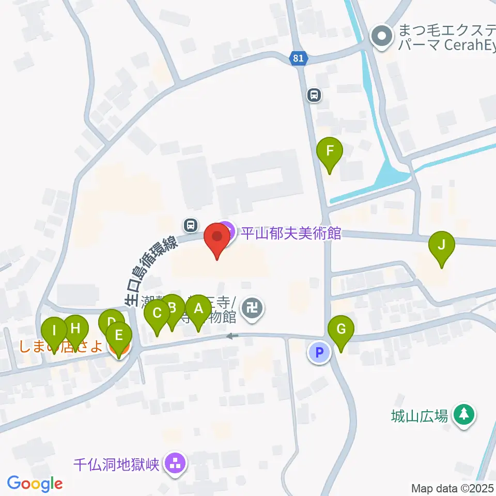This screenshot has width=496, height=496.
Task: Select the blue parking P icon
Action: tap(319, 353)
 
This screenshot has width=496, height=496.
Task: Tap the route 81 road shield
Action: tap(298, 58)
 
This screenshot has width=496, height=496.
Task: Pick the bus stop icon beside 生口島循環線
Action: tap(191, 225)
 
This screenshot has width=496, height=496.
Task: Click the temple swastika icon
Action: tap(253, 309)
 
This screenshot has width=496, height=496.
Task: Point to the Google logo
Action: tap(35, 484)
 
